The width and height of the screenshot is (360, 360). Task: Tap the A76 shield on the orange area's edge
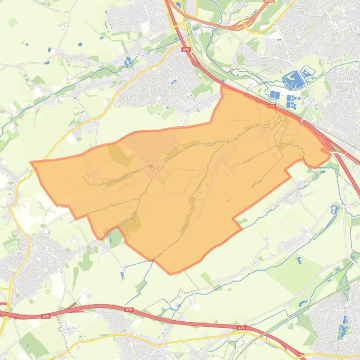(x=271, y=107)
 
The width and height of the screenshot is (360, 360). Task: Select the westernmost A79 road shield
(x=45, y=317)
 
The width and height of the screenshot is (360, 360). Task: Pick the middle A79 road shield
(x=129, y=310)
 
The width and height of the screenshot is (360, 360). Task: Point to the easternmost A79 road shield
(x=241, y=328)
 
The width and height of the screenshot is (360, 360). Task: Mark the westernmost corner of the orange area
(x=31, y=163)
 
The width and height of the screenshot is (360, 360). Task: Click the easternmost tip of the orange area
(x=330, y=151)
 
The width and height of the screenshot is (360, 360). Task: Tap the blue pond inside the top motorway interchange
(x=178, y=6)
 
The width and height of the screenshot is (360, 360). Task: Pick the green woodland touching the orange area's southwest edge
(x=115, y=239)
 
